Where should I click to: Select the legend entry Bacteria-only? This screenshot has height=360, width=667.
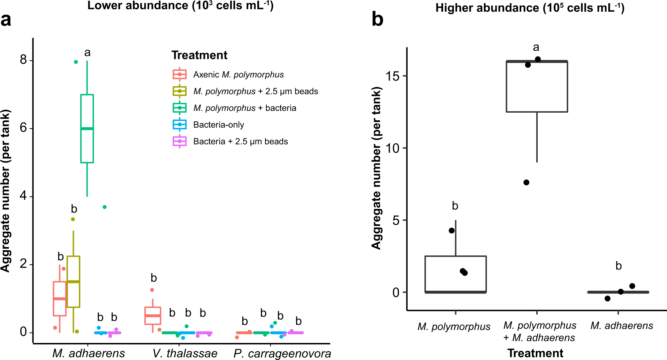(x=219, y=125)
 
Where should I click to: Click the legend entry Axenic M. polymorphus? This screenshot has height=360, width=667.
(x=238, y=75)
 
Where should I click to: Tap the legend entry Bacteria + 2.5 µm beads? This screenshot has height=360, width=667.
(x=240, y=141)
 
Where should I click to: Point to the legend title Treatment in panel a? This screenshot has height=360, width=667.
(x=199, y=55)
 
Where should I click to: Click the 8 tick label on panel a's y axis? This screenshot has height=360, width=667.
(x=23, y=60)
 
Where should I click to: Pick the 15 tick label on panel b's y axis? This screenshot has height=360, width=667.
(x=392, y=76)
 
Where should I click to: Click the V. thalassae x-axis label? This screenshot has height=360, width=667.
(x=185, y=353)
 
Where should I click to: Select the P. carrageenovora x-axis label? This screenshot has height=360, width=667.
(x=282, y=353)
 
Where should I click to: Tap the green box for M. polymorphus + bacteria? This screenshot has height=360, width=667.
(x=87, y=129)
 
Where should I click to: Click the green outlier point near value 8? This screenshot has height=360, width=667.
(x=76, y=62)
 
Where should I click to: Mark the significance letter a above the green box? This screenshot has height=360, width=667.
(x=87, y=52)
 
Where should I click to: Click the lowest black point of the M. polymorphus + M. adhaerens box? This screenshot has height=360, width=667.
(x=526, y=183)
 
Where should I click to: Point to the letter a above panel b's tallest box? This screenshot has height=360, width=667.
(x=536, y=47)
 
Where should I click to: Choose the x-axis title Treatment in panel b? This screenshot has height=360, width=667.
(x=535, y=353)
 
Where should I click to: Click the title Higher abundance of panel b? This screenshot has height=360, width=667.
(x=530, y=8)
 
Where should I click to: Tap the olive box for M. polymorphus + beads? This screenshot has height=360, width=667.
(x=73, y=281)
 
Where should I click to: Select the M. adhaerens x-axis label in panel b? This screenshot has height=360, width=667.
(x=622, y=326)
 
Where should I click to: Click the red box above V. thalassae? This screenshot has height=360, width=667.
(x=153, y=316)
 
